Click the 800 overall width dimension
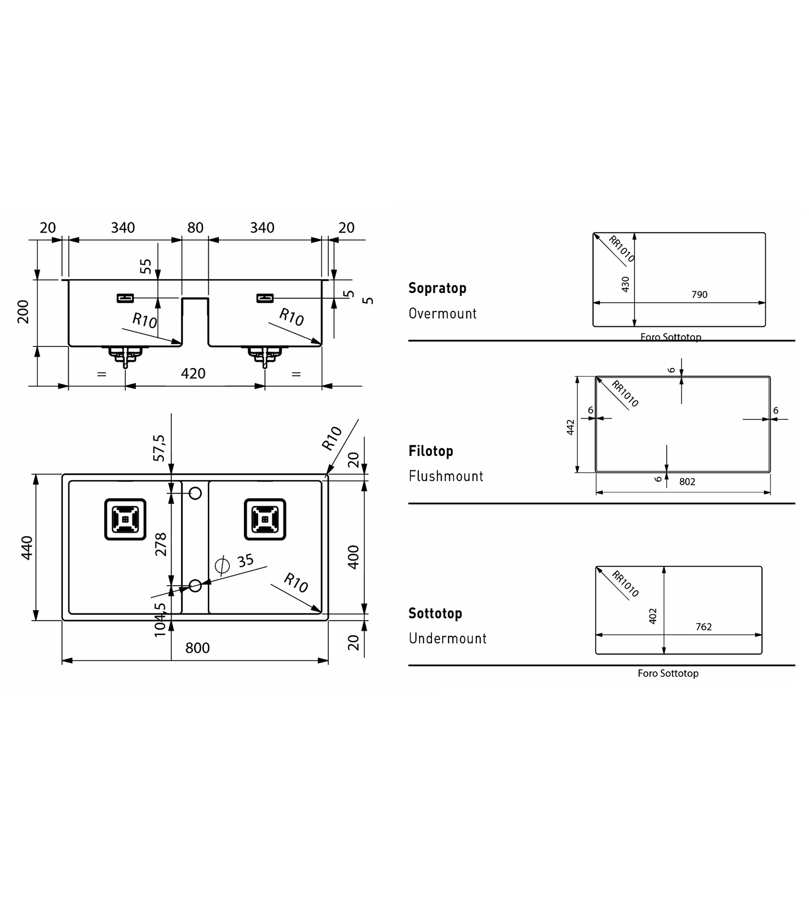[x=197, y=648]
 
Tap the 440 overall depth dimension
[x=27, y=548]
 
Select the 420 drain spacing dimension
[x=193, y=373]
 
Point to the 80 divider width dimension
[x=195, y=228]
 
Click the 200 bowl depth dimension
[x=23, y=311]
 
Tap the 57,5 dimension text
[x=159, y=448]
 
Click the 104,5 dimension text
[x=159, y=620]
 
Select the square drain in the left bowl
[x=125, y=519]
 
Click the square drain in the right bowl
[x=265, y=519]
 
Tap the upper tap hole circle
[x=195, y=493]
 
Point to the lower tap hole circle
[x=195, y=586]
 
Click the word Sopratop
[x=438, y=288]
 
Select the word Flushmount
[x=446, y=476]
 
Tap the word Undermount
[x=448, y=639]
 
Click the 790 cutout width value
[x=699, y=295]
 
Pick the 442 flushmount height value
[x=570, y=427]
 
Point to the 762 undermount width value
[x=704, y=627]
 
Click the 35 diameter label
[x=245, y=561]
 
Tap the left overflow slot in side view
[x=125, y=298]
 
